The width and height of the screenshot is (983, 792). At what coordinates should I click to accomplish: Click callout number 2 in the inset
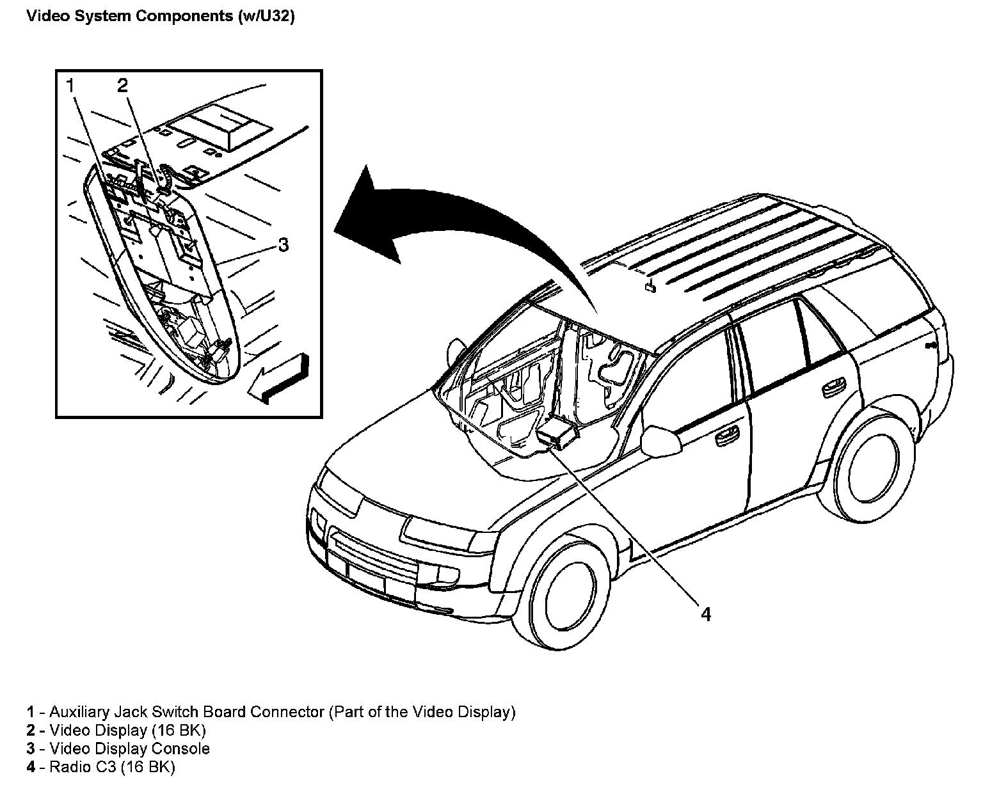tap(122, 85)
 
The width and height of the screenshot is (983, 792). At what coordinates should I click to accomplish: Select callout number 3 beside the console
tap(283, 244)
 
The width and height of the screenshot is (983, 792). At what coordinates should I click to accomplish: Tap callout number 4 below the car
tap(705, 614)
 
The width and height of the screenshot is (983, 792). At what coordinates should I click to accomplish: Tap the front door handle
tap(724, 438)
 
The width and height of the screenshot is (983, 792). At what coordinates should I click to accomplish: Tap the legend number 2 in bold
tap(30, 730)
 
